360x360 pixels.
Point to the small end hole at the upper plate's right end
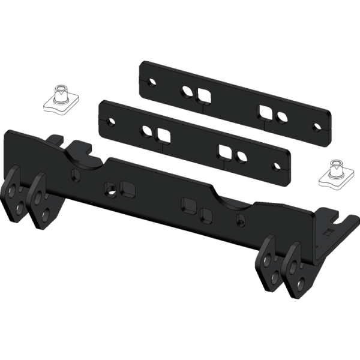(316, 126)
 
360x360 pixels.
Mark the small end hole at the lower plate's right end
(276, 167)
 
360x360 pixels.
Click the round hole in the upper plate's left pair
(188, 92)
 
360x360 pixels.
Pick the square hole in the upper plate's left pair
(204, 96)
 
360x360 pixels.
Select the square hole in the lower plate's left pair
(161, 134)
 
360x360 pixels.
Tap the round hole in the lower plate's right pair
(241, 156)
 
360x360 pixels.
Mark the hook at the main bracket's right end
(343, 225)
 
